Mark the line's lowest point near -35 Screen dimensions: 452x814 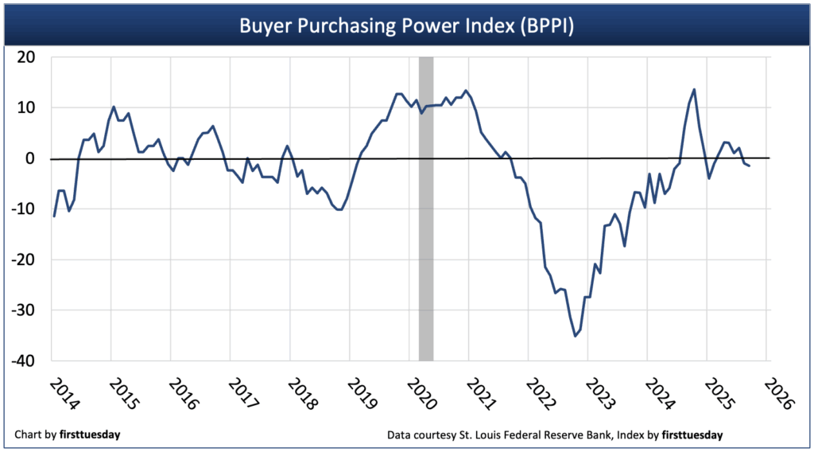point(576,336)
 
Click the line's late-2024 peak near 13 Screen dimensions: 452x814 point(694,89)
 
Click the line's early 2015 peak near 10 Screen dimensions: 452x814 point(114,107)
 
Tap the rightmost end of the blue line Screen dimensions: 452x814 point(749,166)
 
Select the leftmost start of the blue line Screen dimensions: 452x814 point(54,216)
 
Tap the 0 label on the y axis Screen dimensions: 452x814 point(34,158)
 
